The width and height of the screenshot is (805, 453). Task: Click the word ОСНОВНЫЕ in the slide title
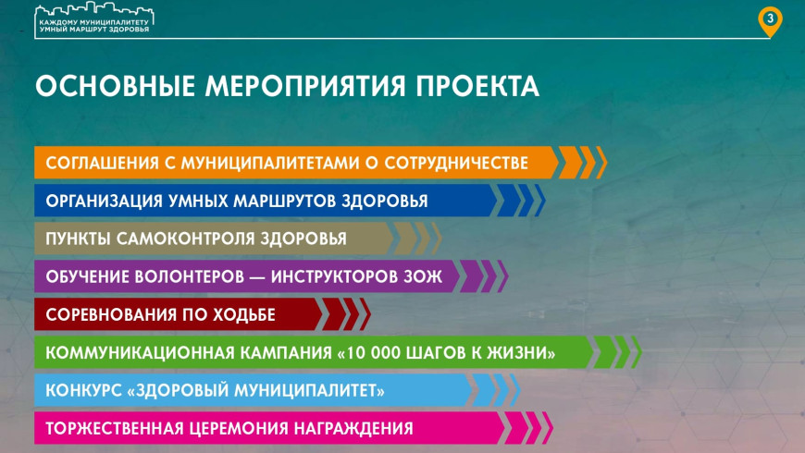coord(115,86)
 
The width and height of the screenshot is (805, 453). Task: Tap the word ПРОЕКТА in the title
coord(477,86)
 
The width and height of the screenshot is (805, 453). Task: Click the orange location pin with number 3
coord(770,21)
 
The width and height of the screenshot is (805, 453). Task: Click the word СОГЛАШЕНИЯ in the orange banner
coord(102,163)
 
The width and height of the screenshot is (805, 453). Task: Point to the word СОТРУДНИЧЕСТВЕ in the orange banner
coord(456,163)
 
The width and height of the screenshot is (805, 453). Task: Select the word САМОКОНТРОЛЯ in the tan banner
coord(186,239)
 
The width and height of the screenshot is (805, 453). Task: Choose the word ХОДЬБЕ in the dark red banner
coord(241,314)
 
